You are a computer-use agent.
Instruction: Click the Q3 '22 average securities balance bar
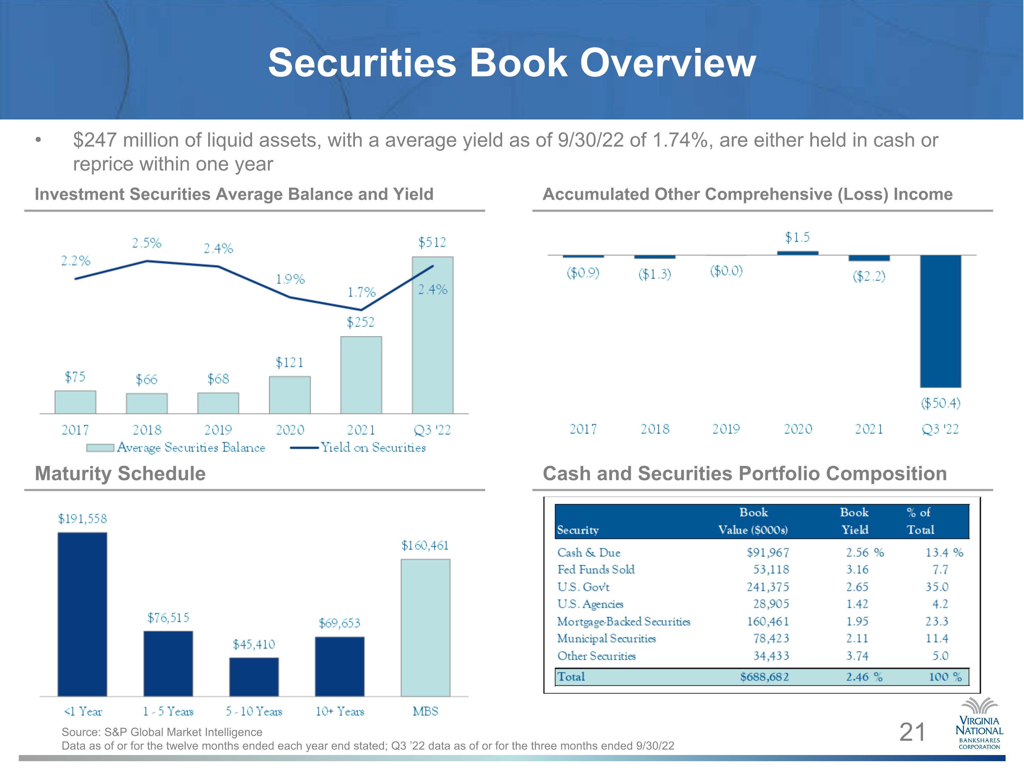[x=432, y=335]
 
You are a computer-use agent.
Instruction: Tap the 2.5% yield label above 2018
[x=147, y=243]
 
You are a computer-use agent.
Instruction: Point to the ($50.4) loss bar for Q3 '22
[x=940, y=321]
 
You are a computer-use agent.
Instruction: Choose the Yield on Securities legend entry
[x=357, y=447]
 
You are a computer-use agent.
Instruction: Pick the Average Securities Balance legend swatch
[x=100, y=447]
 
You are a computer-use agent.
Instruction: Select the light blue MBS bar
[x=425, y=627]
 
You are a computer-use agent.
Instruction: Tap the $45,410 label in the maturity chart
[x=254, y=644]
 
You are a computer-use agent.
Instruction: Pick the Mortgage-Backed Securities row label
[x=624, y=621]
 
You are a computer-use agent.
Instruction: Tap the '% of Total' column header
[x=920, y=521]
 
